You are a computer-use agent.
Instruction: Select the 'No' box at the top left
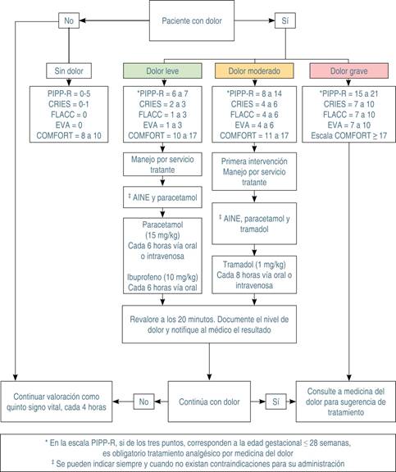coord(70,19)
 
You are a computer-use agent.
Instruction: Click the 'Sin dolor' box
coord(70,70)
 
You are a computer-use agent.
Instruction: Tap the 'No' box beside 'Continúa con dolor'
coord(143,402)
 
